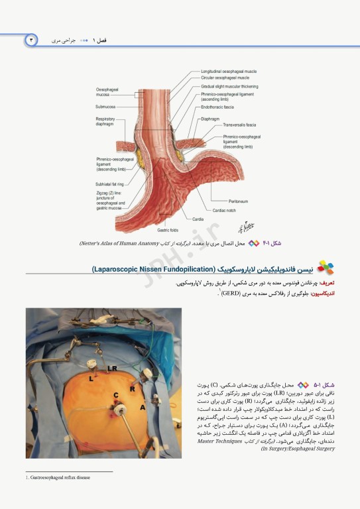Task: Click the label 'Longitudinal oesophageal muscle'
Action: [x=229, y=71]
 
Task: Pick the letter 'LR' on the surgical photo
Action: [x=113, y=366]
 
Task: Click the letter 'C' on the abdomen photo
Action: [x=116, y=396]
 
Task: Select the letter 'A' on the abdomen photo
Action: [x=142, y=408]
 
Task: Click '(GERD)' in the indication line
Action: [x=231, y=292]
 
